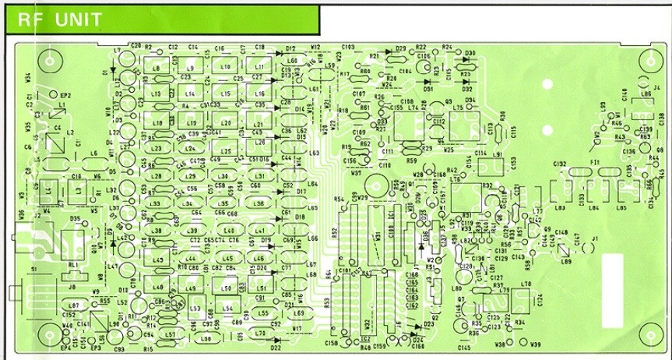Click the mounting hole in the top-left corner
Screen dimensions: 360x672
51,61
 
